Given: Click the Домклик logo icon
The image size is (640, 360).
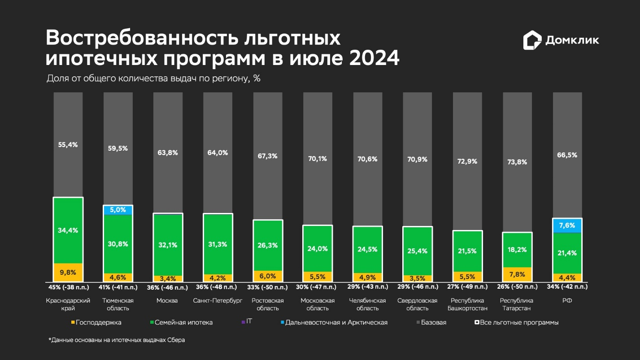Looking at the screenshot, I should pos(532,40).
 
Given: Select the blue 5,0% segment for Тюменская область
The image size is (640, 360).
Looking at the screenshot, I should pos(118,210).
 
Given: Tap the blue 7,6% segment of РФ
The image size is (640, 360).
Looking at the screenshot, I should pos(567,226).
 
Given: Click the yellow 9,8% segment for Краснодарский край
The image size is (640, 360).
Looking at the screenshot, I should pos(68,272).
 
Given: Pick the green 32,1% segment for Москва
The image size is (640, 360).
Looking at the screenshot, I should pos(168,245).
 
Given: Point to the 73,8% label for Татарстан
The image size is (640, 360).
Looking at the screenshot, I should pos(517,162).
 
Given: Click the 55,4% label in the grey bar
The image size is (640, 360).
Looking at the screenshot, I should pos(68,145).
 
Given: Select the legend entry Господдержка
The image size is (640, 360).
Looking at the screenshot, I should pos(96,322).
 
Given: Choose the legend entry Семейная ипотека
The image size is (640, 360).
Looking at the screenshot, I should pos(182,322).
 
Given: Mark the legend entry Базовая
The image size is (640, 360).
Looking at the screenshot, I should pos(433,322).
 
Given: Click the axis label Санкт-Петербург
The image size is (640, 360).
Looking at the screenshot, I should pos(218,300).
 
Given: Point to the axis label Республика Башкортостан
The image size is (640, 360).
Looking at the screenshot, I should pos(467,304).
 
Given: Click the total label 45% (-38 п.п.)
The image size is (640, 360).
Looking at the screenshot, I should pos(68,287).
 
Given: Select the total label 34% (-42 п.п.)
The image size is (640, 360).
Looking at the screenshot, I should pos(567,287).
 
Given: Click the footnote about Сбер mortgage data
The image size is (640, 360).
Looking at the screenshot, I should pos(117,340).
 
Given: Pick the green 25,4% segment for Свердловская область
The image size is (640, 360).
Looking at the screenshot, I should pos(418,251).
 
